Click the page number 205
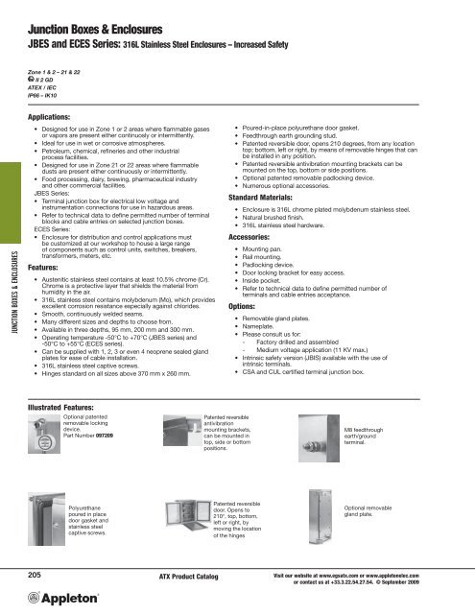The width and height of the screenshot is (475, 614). [37, 573]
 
